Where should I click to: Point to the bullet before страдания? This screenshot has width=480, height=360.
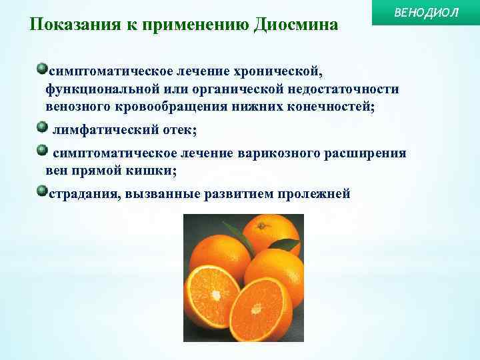coord(43,192)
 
